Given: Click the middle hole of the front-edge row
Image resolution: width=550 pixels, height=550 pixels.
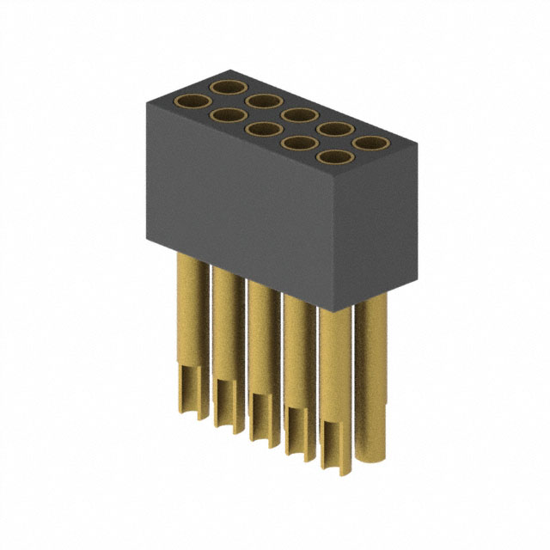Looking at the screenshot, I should tap(261, 130).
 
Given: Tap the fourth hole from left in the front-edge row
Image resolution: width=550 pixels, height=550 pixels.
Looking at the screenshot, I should tap(298, 144).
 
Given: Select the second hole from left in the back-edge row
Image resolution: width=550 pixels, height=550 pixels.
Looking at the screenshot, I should tap(262, 102).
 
